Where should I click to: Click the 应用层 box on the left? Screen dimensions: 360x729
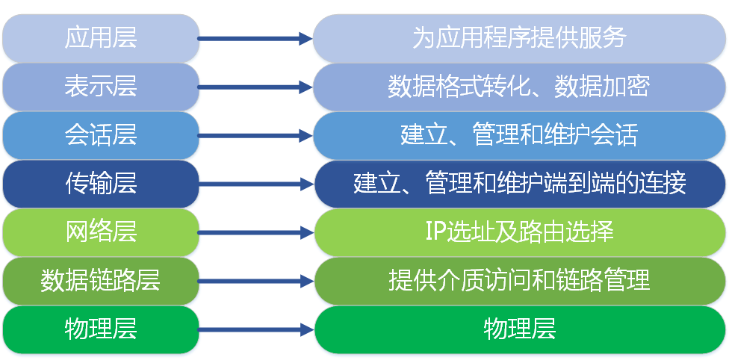click(101, 38)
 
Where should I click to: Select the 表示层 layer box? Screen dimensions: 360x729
click(101, 87)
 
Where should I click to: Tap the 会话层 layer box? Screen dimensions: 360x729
click(101, 135)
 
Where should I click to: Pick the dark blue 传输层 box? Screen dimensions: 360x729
click(101, 184)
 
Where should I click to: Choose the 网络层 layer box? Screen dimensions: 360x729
click(101, 232)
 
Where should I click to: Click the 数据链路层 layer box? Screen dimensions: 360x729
click(101, 281)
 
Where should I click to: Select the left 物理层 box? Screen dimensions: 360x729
click(101, 329)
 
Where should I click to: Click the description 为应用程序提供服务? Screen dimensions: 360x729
click(519, 38)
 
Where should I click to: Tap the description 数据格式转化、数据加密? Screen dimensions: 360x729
click(519, 87)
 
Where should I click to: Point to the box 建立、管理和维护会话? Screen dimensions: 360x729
click(519, 135)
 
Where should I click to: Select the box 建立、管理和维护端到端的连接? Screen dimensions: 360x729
click(519, 184)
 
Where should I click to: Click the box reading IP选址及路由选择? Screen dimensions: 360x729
click(519, 232)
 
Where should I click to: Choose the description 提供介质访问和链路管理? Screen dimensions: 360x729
click(519, 281)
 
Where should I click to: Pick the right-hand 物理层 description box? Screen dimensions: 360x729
click(519, 329)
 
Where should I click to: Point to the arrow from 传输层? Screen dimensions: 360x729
click(255, 184)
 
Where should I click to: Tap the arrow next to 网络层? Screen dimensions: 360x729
click(255, 233)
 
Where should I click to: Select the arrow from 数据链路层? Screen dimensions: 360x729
click(255, 282)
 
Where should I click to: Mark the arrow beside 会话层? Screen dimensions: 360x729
click(255, 136)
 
